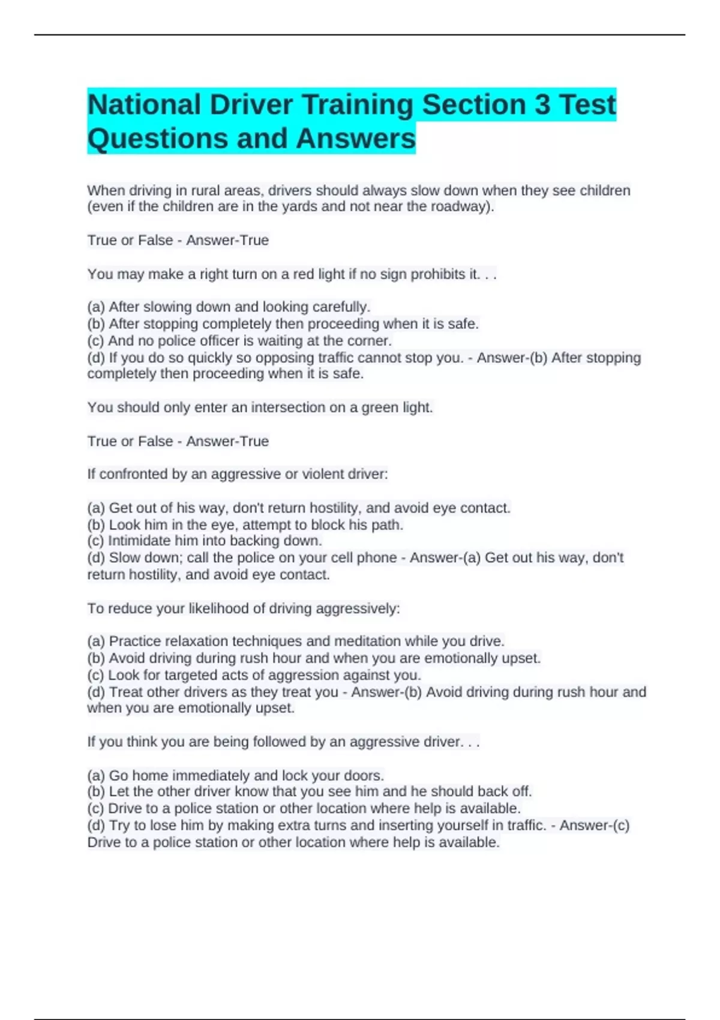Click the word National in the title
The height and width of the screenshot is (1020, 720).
click(x=144, y=104)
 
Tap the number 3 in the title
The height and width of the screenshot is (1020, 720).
click(x=542, y=104)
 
